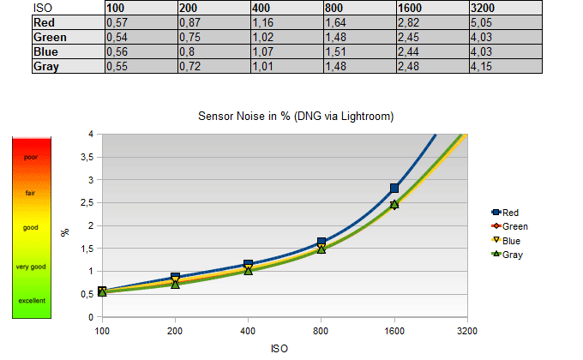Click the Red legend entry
510,212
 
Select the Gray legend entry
511,255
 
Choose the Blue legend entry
511,241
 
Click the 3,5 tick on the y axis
87,157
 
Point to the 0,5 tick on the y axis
87,295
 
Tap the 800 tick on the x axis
321,331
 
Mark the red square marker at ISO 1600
394,188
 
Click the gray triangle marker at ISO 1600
394,204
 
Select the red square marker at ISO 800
322,243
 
